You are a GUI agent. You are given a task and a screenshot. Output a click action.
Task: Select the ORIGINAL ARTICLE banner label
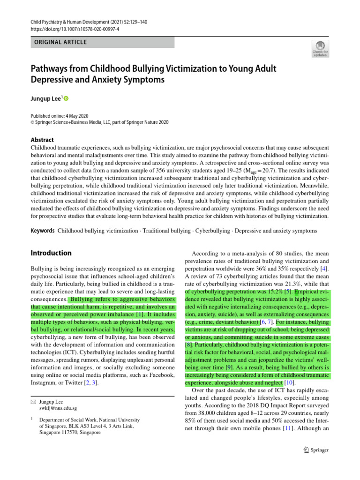point(59,42)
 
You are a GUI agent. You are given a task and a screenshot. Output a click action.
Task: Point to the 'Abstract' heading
point(42,140)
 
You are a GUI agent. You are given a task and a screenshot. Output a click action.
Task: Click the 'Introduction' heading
point(51,253)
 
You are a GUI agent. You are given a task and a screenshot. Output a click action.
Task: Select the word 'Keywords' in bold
point(43,231)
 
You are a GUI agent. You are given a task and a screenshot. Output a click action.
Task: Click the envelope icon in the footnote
point(33,402)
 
